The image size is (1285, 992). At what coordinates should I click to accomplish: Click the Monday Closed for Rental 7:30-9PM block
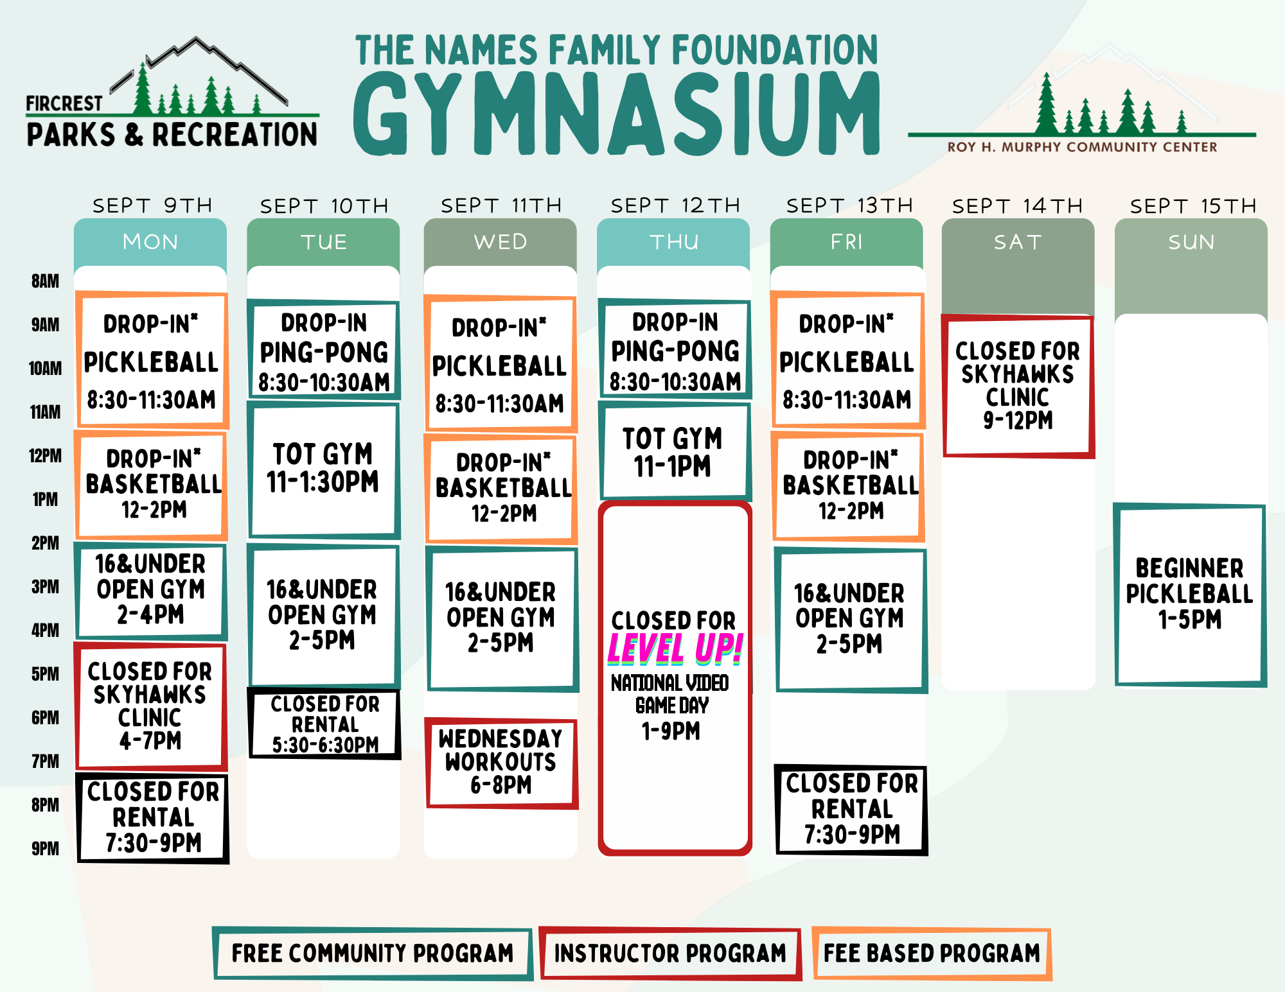click(153, 817)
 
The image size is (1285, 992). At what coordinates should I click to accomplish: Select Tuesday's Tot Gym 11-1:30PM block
click(323, 470)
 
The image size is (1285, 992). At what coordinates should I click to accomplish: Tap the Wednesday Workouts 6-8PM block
click(501, 762)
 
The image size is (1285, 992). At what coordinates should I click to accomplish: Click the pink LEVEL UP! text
click(675, 648)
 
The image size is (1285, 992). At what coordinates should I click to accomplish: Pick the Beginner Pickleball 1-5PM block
click(1190, 595)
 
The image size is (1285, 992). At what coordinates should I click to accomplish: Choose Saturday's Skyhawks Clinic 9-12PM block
click(1018, 385)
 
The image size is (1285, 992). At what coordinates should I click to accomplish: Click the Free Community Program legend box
click(373, 953)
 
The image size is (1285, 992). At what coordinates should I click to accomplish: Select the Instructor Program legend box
click(670, 953)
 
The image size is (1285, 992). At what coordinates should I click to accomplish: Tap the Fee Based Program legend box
click(932, 953)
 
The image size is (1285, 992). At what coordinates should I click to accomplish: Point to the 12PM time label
click(45, 456)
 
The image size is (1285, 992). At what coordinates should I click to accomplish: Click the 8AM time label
click(45, 281)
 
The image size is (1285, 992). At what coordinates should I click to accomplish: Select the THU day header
click(674, 242)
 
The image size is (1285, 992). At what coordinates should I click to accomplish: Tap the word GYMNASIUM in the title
click(617, 114)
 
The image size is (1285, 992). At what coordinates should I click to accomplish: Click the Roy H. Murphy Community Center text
click(1082, 147)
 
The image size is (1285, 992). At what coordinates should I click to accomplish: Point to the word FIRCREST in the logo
click(64, 103)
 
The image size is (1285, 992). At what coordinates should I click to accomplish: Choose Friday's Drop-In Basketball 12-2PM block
click(848, 486)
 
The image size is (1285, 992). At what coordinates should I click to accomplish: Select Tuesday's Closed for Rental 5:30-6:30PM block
click(324, 724)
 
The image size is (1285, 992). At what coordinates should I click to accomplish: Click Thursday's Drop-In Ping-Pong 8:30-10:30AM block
click(675, 350)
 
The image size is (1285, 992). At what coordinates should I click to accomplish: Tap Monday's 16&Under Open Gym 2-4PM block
click(151, 590)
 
